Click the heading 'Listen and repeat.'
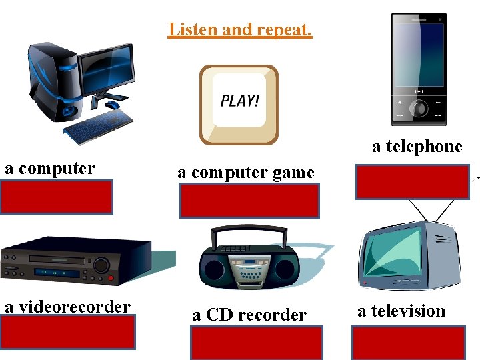240,30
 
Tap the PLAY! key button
239,104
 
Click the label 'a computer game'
245,173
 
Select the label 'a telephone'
417,147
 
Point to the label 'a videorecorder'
67,307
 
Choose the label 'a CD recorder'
249,315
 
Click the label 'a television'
401,311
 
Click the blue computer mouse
113,105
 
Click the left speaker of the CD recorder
215,270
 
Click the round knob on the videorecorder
101,265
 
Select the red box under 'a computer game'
249,201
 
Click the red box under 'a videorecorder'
67,332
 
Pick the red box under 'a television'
408,343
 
